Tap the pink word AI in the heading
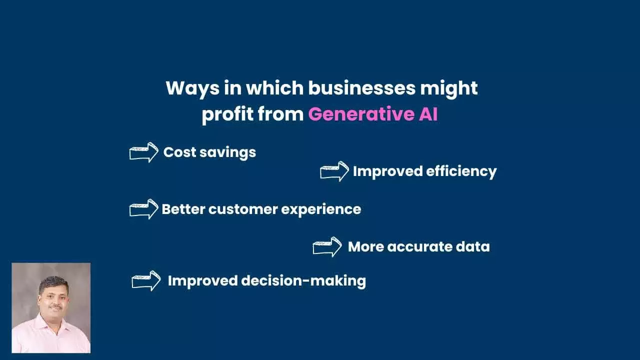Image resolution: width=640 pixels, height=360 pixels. click(428, 114)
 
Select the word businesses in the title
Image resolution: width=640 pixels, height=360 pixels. click(361, 88)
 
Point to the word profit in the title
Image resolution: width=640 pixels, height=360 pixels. click(227, 115)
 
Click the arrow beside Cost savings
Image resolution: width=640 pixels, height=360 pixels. click(144, 152)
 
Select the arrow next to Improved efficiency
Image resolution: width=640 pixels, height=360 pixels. click(334, 171)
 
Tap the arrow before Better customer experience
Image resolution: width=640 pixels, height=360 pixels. click(144, 209)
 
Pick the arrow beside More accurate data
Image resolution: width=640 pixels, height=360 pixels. click(327, 247)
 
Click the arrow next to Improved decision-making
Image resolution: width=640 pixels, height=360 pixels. click(146, 281)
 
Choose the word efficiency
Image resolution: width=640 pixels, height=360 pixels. click(461, 171)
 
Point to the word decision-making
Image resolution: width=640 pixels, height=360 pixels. click(303, 281)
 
